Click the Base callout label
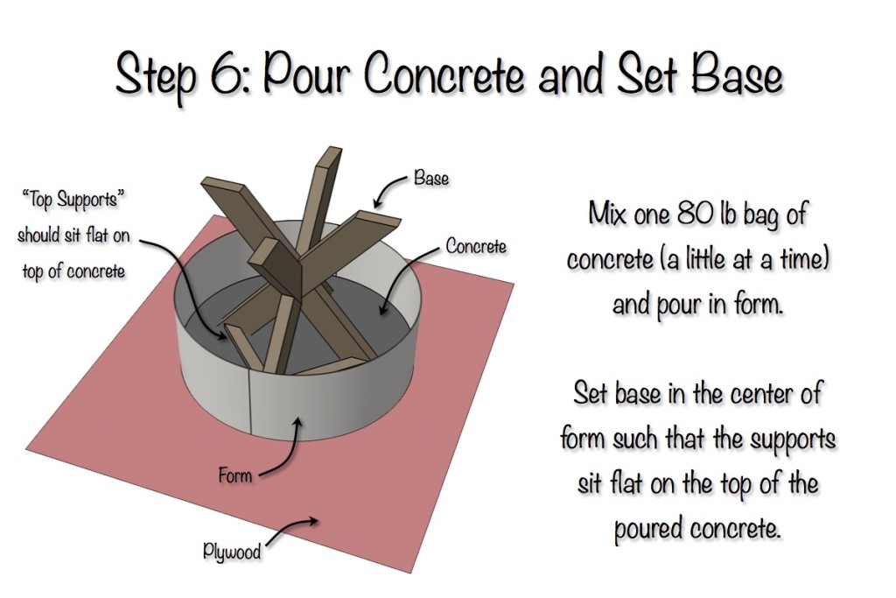(x=431, y=179)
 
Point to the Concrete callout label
(x=476, y=246)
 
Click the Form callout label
(x=235, y=477)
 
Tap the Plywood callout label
(x=232, y=552)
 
